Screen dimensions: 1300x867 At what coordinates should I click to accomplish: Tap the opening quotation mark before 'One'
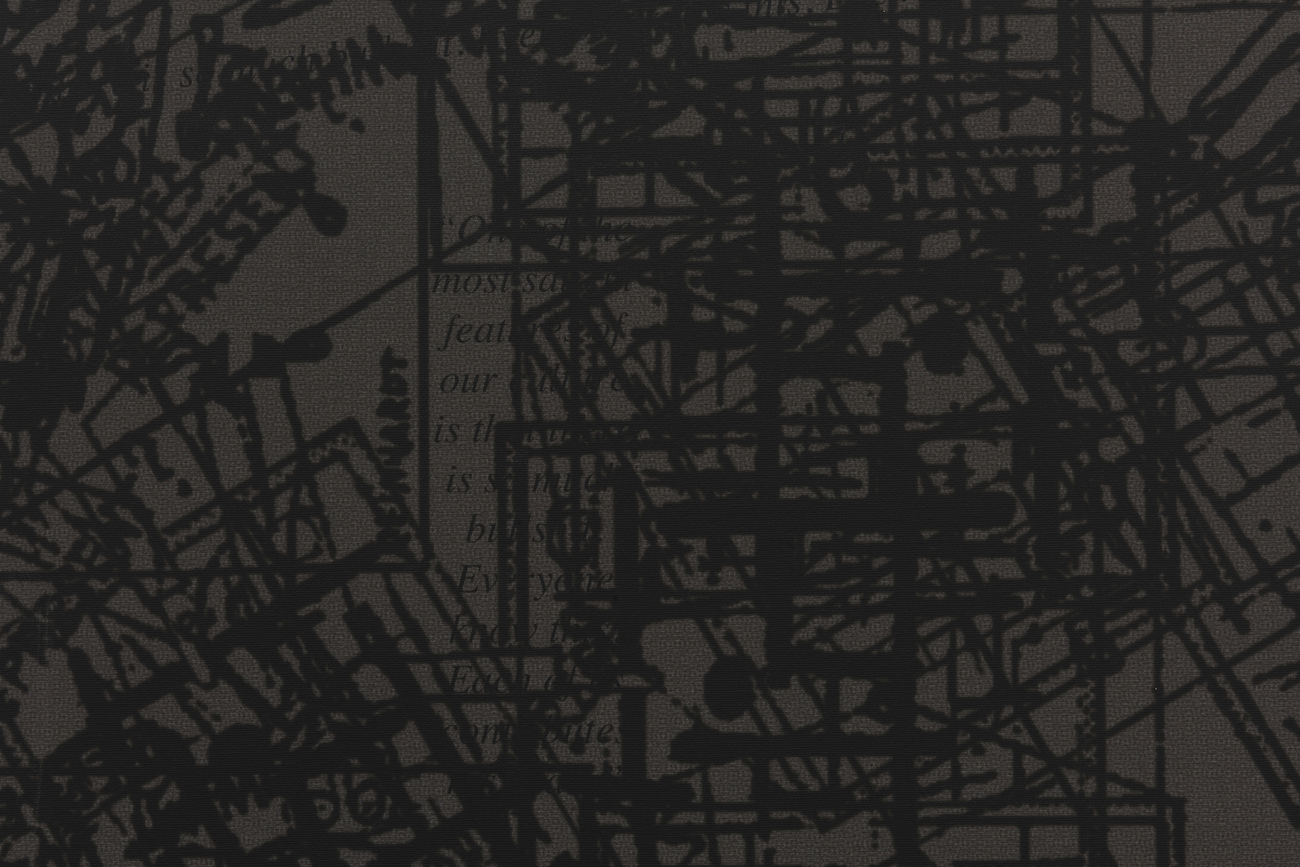point(447,225)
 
